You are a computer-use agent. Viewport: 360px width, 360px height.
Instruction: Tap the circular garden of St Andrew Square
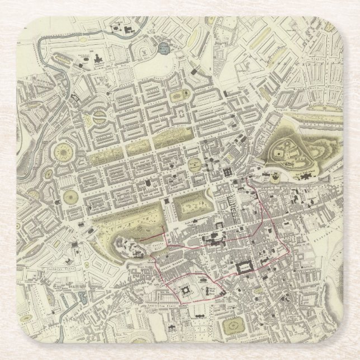pos(195,164)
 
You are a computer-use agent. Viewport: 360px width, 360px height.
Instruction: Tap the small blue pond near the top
pos(163,49)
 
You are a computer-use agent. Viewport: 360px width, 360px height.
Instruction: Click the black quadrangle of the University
pos(245,267)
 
